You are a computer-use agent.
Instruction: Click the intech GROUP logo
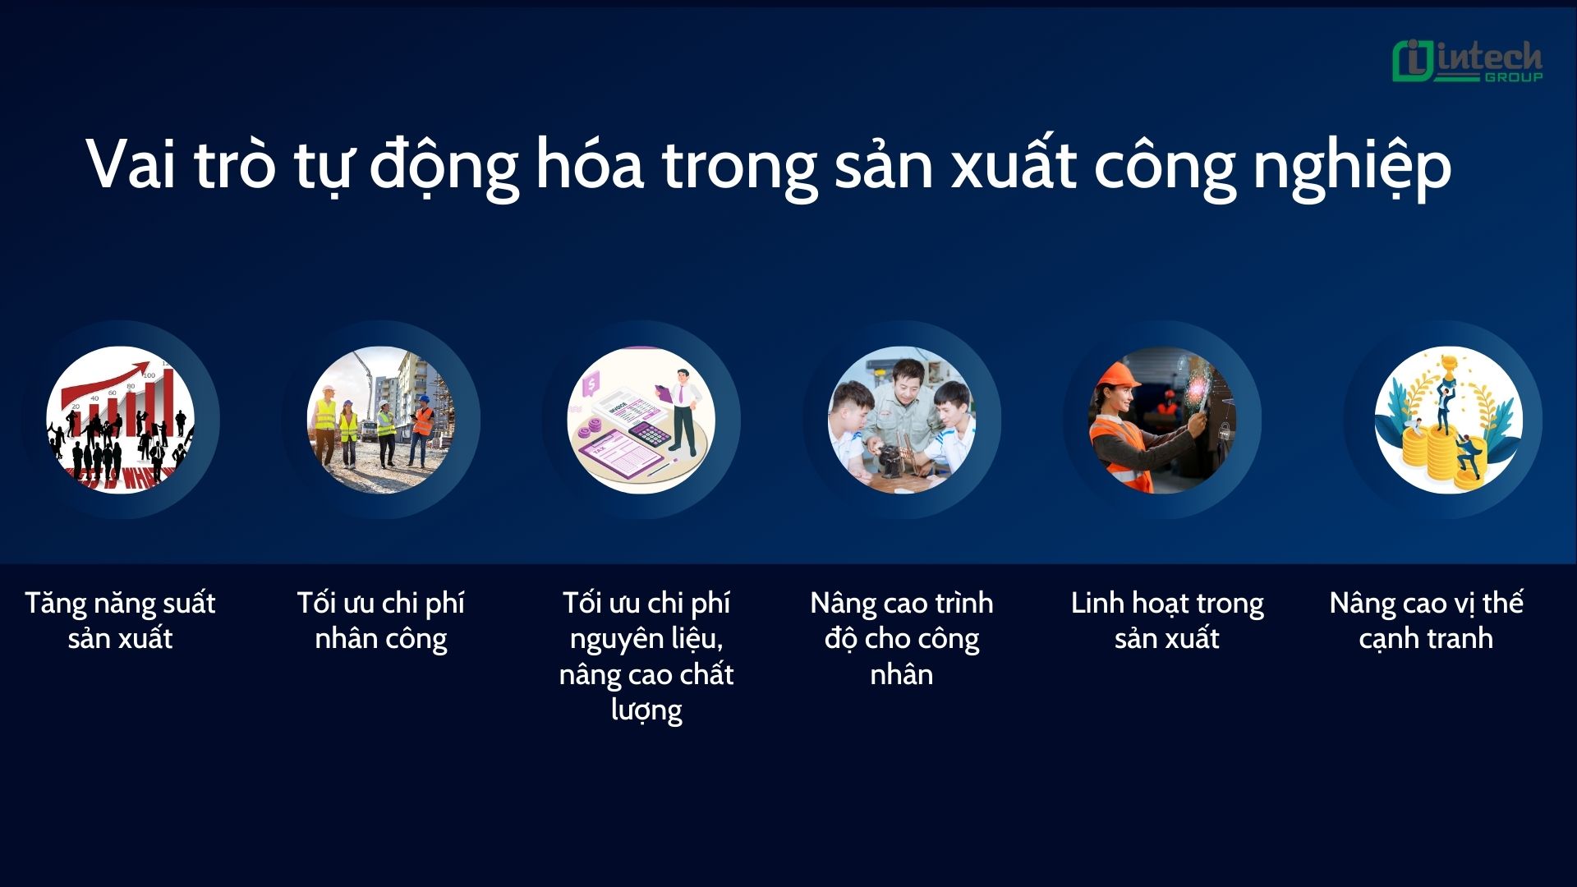click(1467, 62)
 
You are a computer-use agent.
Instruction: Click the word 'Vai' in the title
click(131, 164)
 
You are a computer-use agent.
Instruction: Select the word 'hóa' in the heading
click(589, 164)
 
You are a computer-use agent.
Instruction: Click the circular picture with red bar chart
click(121, 420)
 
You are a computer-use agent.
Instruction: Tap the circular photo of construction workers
click(381, 420)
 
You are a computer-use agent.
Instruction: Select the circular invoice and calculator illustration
click(641, 420)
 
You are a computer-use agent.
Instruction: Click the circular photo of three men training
click(902, 420)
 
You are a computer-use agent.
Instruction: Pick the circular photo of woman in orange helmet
click(1162, 420)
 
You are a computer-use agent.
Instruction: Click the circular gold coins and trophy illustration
click(1448, 420)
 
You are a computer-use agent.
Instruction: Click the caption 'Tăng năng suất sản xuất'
click(120, 620)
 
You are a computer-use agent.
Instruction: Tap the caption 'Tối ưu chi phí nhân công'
click(381, 620)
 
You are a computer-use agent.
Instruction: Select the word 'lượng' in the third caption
click(646, 710)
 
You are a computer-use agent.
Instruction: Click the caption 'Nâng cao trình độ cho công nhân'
click(902, 638)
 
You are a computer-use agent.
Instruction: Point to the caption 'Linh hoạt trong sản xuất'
click(1167, 620)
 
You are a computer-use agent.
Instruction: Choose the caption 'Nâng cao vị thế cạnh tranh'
click(1426, 620)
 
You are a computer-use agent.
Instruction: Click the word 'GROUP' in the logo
click(1513, 77)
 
